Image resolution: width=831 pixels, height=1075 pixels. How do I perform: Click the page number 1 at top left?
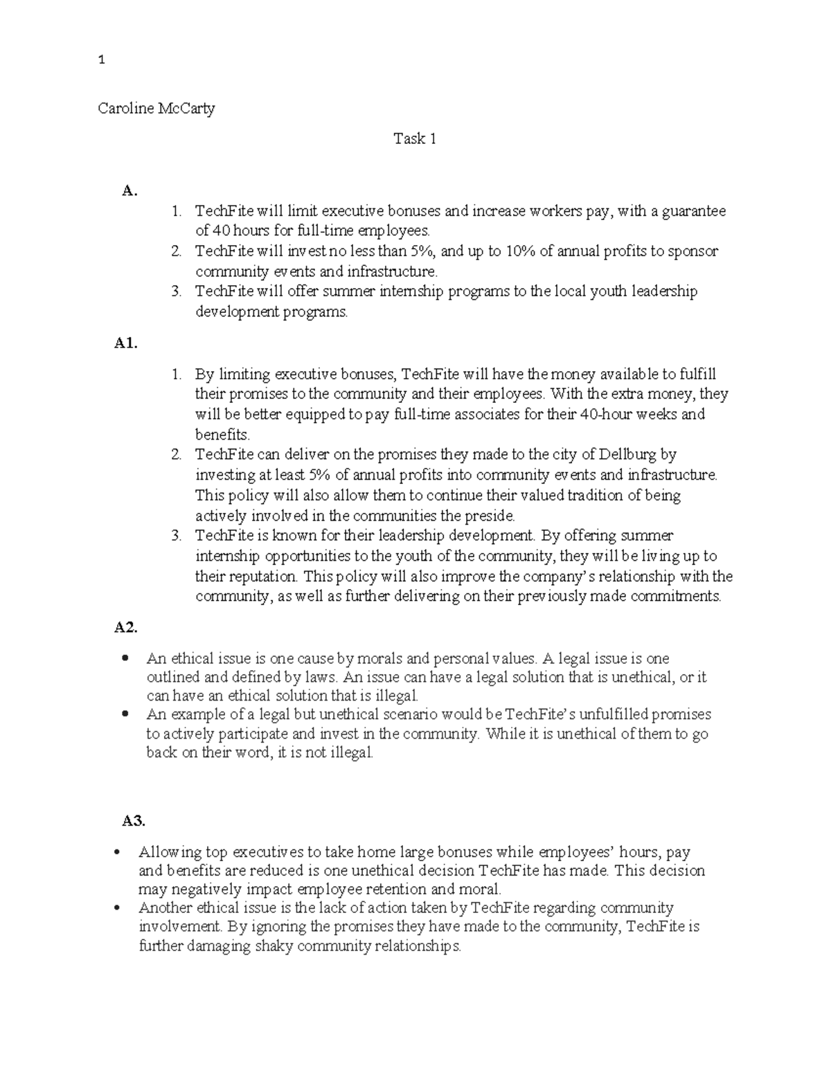[102, 60]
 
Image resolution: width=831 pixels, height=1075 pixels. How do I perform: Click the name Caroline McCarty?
[157, 109]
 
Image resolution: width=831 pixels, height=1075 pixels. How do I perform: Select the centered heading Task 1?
[415, 139]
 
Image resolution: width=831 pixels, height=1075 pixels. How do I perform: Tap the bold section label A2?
[126, 628]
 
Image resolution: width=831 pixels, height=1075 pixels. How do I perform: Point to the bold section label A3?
[134, 821]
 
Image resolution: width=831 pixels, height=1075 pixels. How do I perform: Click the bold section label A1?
[126, 343]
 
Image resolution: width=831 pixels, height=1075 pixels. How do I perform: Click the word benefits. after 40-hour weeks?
[222, 435]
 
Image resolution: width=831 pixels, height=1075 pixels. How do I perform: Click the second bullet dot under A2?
[125, 714]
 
